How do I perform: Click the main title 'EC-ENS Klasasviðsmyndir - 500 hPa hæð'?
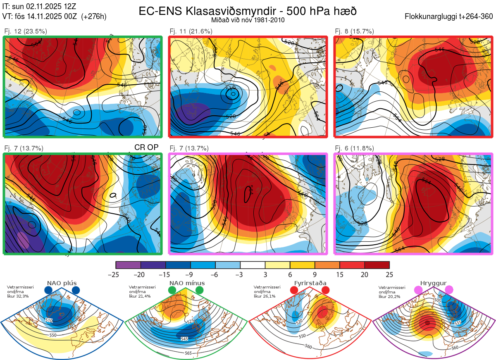coord(248,11)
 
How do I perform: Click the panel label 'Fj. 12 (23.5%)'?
coord(26,31)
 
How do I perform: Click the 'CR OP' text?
coord(146,148)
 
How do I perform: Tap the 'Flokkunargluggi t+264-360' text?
coord(450,17)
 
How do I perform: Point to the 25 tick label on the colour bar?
coord(389,274)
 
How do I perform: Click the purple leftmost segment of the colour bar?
coord(128,265)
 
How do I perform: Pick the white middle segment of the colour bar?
coord(253,265)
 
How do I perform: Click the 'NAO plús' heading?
coord(62,283)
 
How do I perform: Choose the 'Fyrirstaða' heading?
coord(310,283)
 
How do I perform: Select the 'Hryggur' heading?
coord(434,283)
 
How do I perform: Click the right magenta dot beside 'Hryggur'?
coord(449,291)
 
